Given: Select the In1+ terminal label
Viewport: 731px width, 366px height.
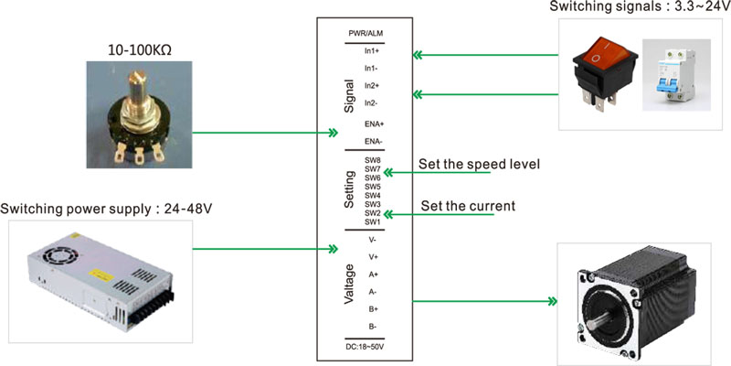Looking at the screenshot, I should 372,51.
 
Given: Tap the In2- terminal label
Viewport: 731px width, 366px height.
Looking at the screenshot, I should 372,102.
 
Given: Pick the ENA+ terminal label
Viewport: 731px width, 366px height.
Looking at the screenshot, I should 374,124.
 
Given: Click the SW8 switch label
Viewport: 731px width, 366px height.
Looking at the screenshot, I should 372,160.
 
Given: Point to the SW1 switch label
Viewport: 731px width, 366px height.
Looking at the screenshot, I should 372,221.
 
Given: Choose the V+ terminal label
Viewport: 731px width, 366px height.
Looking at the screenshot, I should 372,257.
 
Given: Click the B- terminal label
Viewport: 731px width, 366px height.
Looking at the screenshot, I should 372,327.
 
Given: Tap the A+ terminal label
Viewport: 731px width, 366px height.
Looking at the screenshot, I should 372,274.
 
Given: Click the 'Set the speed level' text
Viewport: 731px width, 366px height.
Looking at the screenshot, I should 480,165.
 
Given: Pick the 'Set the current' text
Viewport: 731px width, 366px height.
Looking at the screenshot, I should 467,206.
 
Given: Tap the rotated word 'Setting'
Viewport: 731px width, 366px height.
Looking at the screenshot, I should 350,189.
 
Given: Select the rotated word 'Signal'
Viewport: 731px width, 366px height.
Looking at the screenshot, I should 350,95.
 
